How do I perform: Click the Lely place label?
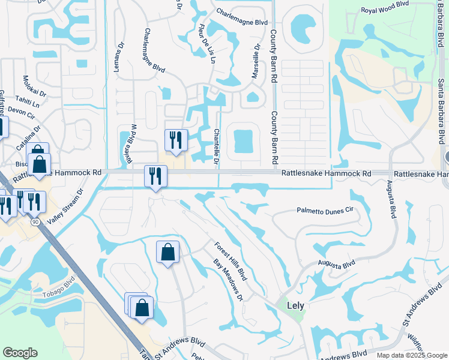point(295,305)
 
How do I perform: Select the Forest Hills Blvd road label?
point(231,261)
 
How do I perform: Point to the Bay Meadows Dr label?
point(228,280)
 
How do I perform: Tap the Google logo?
point(20,353)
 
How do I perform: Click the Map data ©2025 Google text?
point(411,355)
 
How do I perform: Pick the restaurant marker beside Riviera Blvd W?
point(176,140)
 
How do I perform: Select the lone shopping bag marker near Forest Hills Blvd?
point(167,252)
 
